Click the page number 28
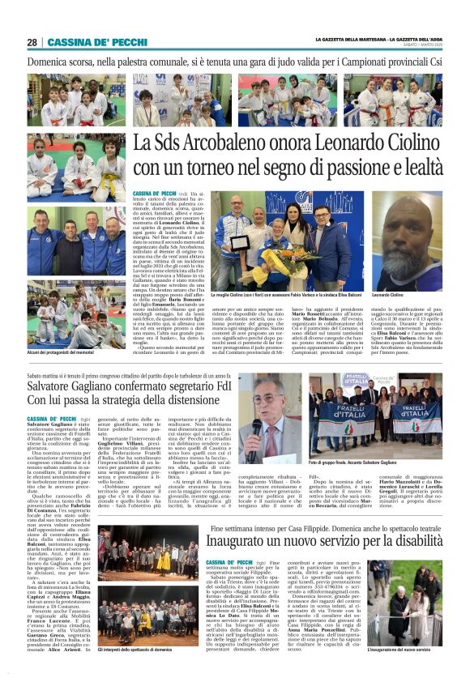[32, 42]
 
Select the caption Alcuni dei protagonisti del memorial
[62, 354]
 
